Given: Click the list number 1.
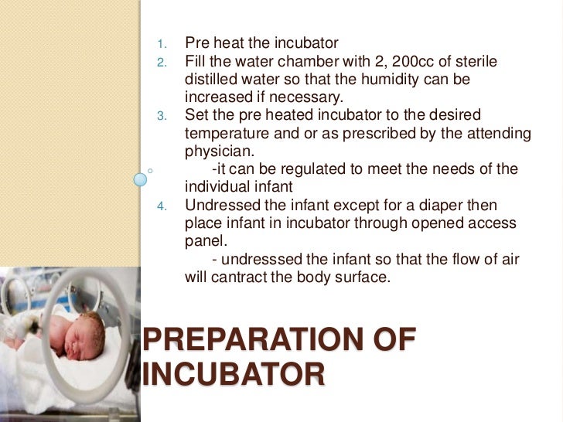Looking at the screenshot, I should [160, 43].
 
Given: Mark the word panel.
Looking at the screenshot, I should [204, 241].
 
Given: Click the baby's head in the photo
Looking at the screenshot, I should [84, 328].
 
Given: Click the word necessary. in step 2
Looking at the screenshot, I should [309, 97].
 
